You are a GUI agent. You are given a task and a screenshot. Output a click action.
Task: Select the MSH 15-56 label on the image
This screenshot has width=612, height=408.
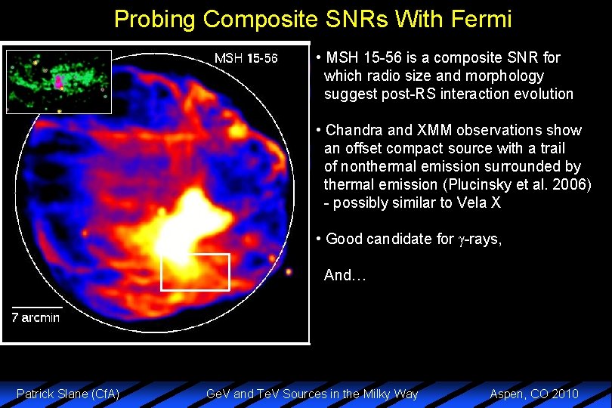[x=246, y=58]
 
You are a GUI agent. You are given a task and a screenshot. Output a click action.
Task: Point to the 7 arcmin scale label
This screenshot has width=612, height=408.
[x=36, y=317]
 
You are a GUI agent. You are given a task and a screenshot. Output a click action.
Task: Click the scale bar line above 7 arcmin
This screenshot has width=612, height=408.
[x=36, y=307]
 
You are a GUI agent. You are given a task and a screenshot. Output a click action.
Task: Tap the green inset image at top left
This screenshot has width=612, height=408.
[x=58, y=81]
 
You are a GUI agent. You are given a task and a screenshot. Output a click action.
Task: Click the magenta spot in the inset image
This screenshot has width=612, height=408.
[x=59, y=82]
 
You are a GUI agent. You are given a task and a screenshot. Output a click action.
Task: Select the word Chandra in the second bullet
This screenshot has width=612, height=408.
[x=353, y=131]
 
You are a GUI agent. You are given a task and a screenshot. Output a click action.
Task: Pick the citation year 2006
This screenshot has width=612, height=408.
[x=571, y=185]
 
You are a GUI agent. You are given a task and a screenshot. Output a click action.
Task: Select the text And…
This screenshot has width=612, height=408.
[x=345, y=276]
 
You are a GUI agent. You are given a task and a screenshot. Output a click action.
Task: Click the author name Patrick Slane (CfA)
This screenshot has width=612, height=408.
[x=68, y=394]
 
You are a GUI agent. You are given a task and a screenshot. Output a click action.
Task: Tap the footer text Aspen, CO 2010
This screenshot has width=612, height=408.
[x=534, y=394]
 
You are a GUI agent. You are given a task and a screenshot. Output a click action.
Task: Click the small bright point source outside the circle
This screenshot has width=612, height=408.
[x=289, y=274]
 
